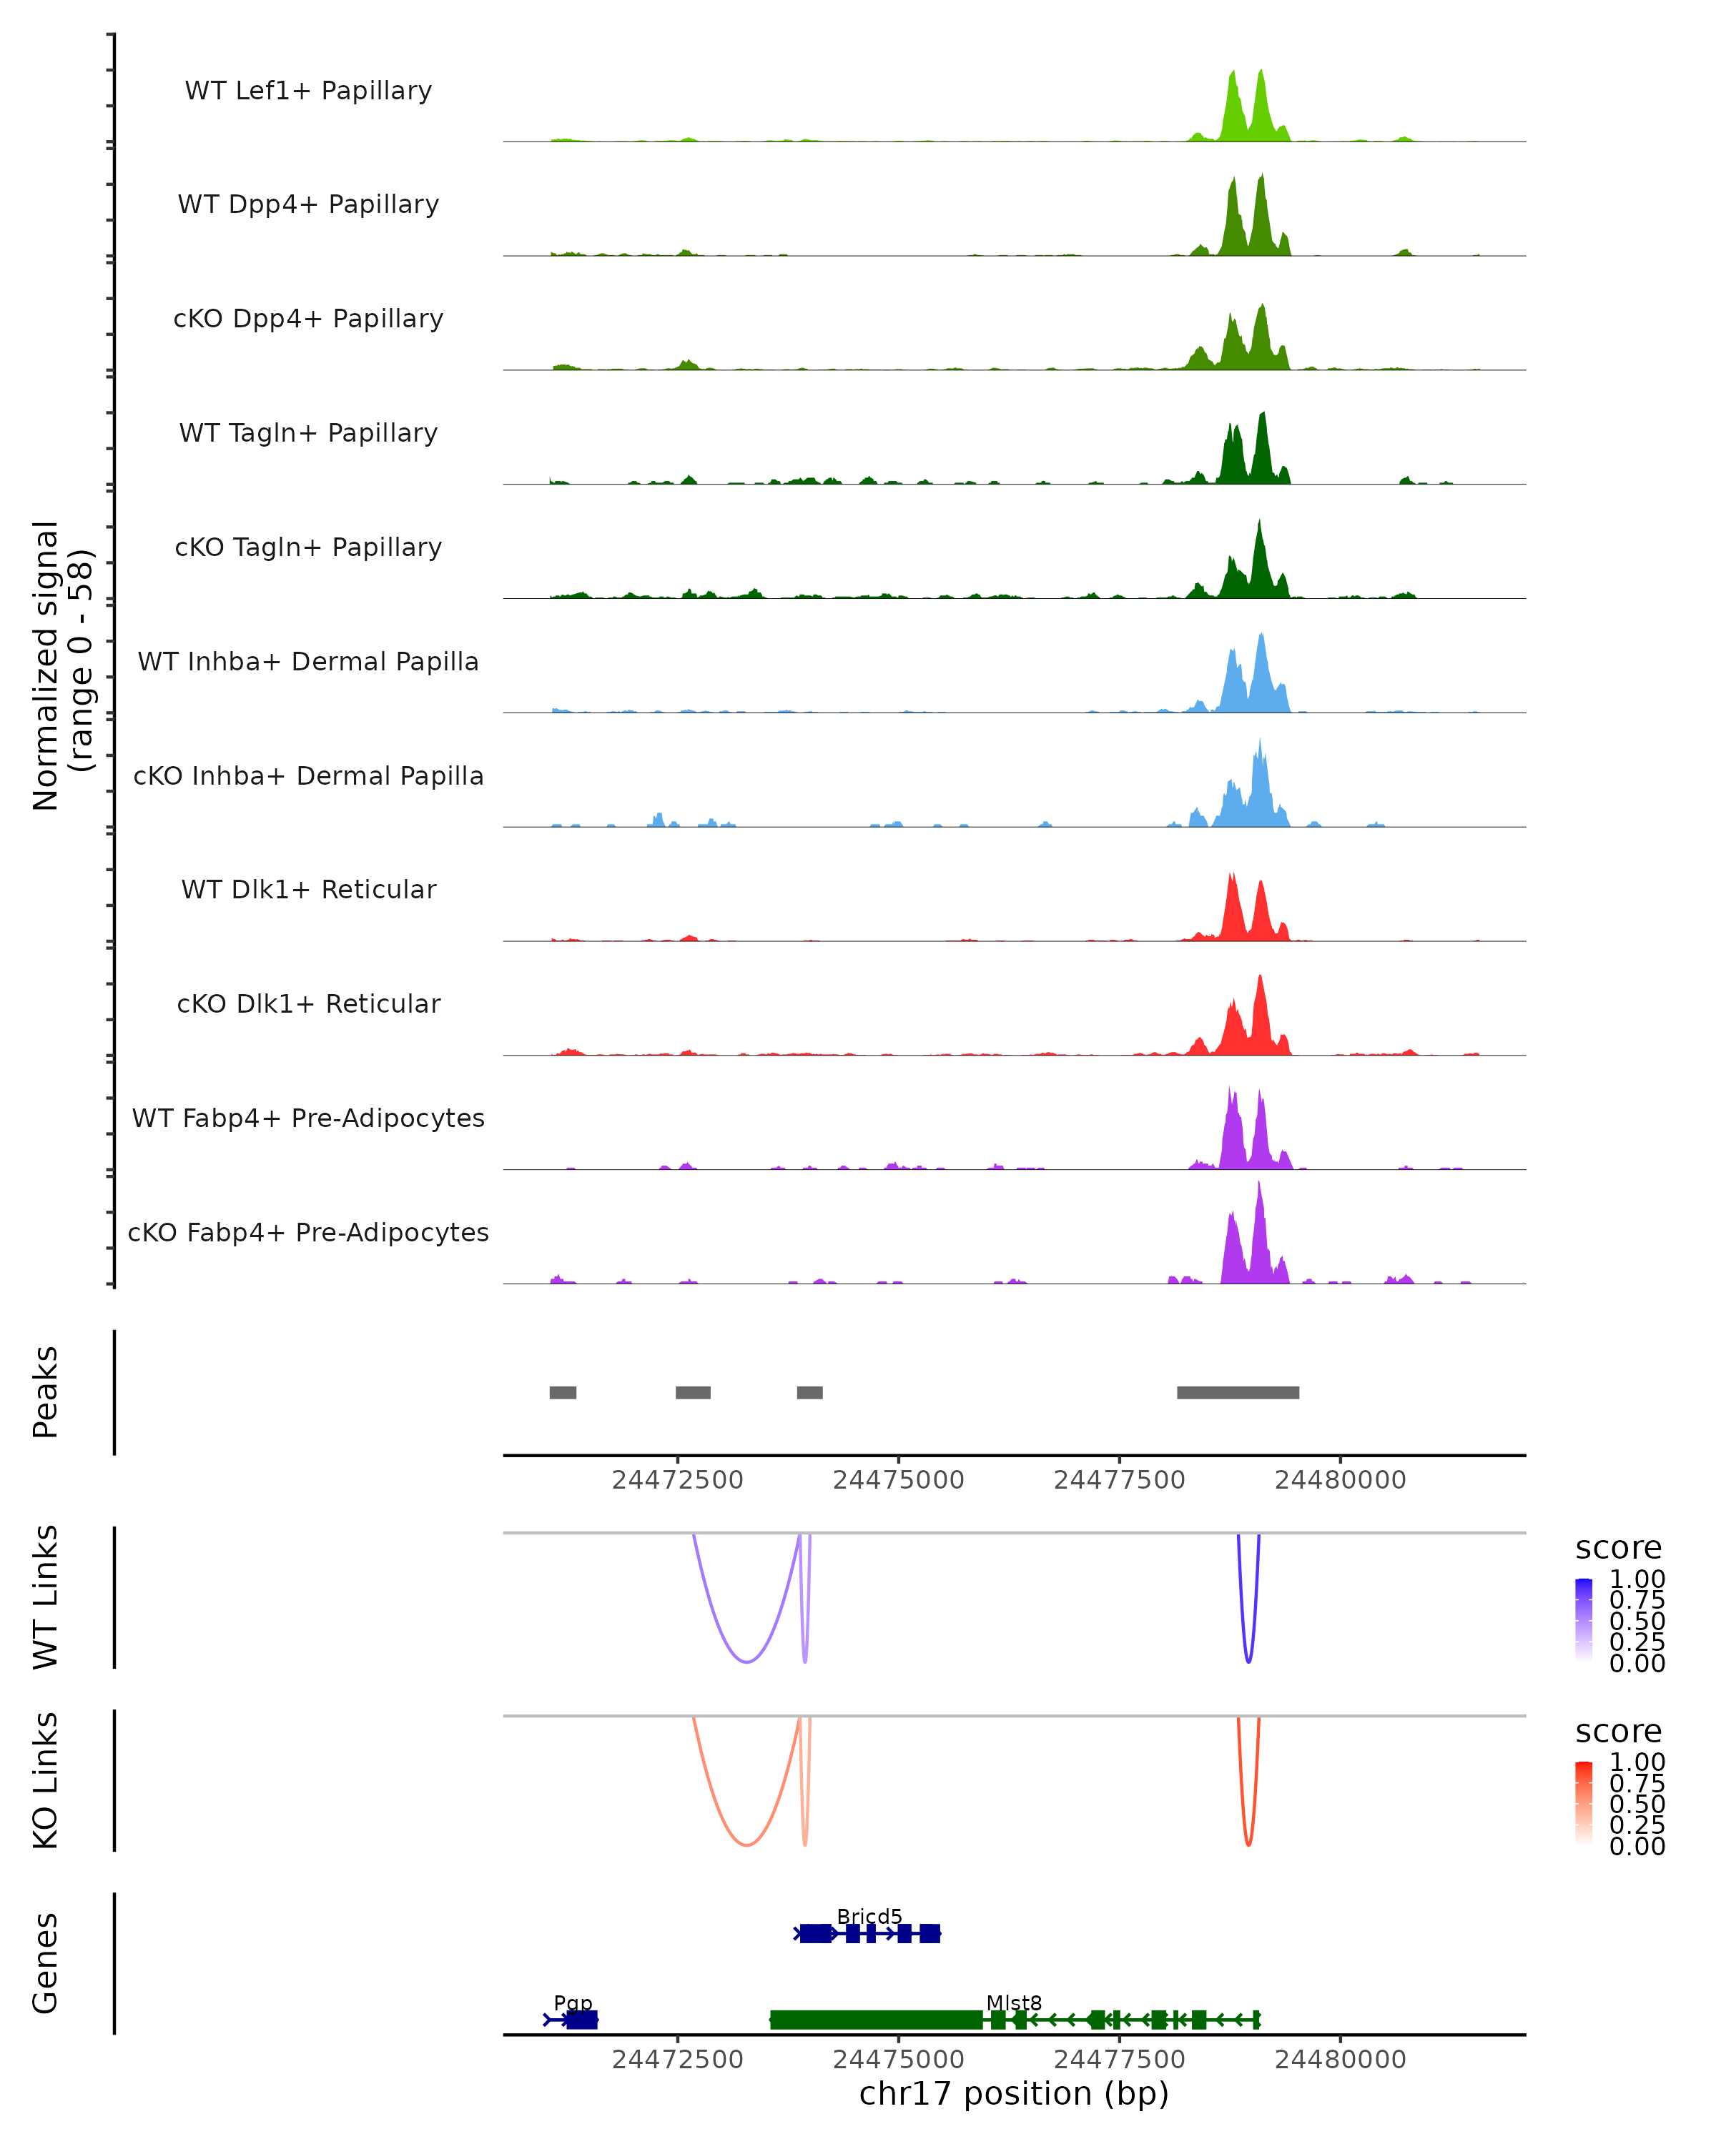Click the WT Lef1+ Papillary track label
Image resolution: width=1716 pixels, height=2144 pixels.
[x=308, y=91]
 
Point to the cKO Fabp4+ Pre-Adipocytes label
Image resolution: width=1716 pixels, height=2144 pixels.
[x=308, y=1232]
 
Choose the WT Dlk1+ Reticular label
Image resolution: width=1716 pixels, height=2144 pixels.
[x=308, y=889]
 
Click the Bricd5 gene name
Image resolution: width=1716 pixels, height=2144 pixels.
[x=869, y=1916]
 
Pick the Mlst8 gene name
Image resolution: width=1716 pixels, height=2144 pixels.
[x=1014, y=2002]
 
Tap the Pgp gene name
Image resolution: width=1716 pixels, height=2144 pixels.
[x=573, y=2002]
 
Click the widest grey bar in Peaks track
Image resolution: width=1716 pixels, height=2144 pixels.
[x=1238, y=1392]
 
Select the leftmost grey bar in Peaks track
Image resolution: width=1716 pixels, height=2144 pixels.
[x=563, y=1392]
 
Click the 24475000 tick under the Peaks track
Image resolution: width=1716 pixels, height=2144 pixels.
[x=898, y=1480]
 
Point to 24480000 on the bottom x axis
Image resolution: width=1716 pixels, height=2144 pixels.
[x=1340, y=2060]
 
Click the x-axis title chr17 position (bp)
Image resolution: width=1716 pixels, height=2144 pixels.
[x=1014, y=2094]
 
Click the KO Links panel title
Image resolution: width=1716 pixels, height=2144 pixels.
[x=46, y=1780]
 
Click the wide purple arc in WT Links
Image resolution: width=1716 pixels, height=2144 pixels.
[x=746, y=1662]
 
